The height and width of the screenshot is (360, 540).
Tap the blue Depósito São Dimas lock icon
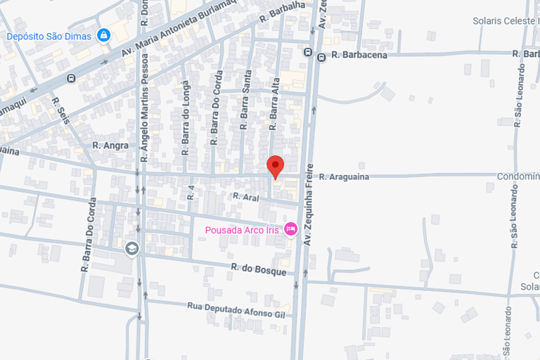104,34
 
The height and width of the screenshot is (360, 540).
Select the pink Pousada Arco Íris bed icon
290,229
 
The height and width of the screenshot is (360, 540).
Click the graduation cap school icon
131,248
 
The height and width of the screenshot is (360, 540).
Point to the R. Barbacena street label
359,55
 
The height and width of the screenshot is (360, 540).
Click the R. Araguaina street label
344,176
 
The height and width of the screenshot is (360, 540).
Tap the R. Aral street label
246,197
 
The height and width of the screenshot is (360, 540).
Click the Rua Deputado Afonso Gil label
236,309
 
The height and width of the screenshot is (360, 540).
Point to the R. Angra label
110,146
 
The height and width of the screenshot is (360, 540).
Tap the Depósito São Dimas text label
49,36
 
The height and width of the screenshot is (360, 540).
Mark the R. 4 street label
190,191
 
